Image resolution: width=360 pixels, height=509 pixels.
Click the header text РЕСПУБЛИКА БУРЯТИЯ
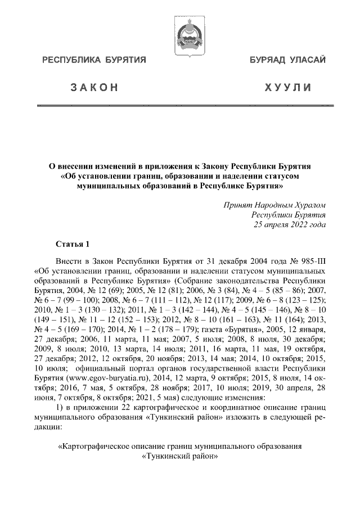coord(93,60)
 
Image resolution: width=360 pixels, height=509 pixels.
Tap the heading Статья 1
coord(73,244)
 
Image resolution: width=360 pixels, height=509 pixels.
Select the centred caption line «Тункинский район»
coord(180,457)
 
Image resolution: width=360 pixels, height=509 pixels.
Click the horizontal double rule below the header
coord(180,106)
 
